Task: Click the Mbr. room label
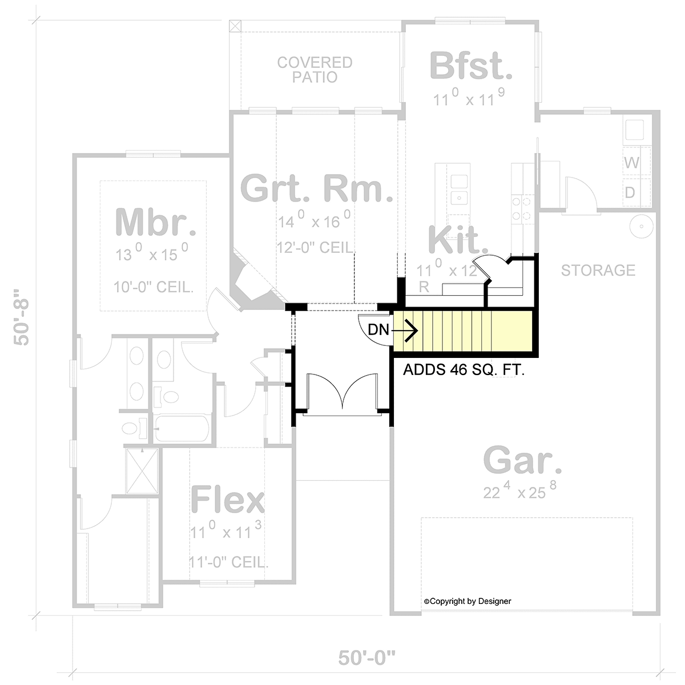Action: pyautogui.click(x=156, y=223)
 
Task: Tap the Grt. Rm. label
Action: pyautogui.click(x=317, y=188)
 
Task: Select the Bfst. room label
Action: pyautogui.click(x=471, y=66)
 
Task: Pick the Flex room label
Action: pyautogui.click(x=228, y=499)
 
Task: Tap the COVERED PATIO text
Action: pyautogui.click(x=315, y=70)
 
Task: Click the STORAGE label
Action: pyautogui.click(x=598, y=271)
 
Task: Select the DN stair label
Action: pyautogui.click(x=378, y=330)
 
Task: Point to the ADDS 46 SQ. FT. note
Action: pyautogui.click(x=464, y=370)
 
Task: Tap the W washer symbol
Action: pyautogui.click(x=632, y=163)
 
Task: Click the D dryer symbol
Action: pyautogui.click(x=630, y=193)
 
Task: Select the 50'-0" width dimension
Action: pyautogui.click(x=367, y=658)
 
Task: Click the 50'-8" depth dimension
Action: pyautogui.click(x=21, y=317)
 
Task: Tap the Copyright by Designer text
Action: pyautogui.click(x=468, y=601)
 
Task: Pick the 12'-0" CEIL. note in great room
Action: pyautogui.click(x=316, y=248)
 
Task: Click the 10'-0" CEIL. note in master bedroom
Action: pyautogui.click(x=154, y=287)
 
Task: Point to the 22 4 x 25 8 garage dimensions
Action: pyautogui.click(x=520, y=490)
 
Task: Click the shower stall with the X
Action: pyautogui.click(x=142, y=471)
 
